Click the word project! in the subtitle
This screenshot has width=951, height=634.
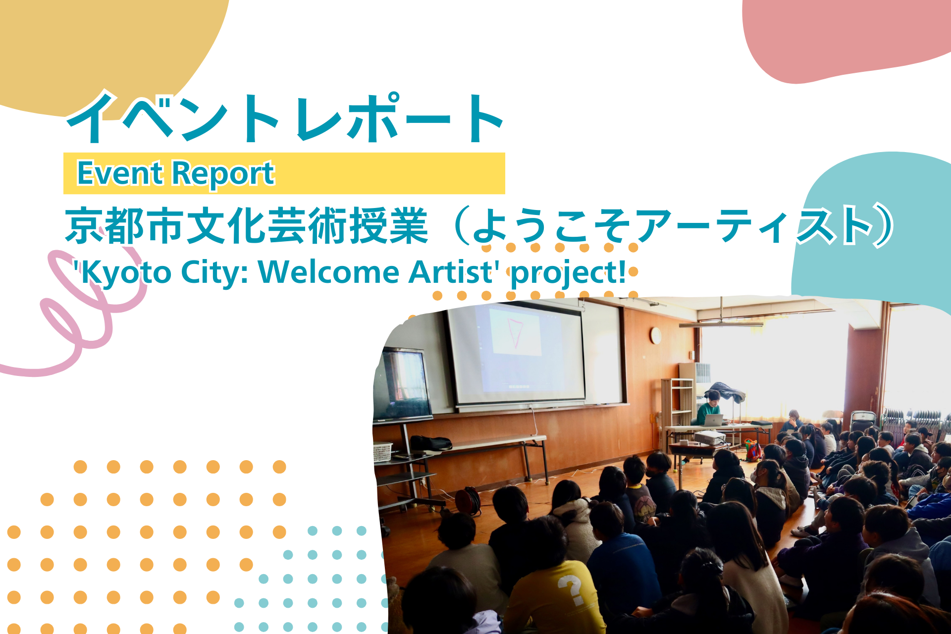(568, 273)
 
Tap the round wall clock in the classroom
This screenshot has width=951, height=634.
(656, 336)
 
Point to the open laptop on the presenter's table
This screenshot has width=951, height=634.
(714, 420)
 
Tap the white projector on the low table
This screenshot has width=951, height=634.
(710, 437)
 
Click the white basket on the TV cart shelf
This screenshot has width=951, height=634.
(382, 452)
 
